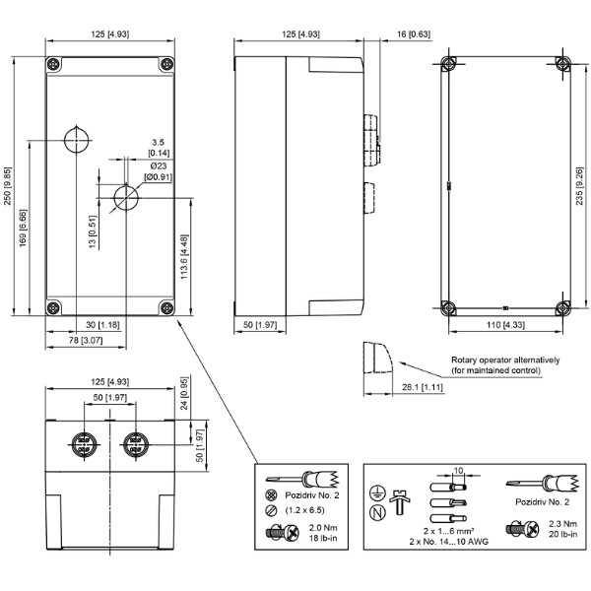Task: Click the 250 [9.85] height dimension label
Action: [x=8, y=186]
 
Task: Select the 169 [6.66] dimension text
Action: [x=23, y=229]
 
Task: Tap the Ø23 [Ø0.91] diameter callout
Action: [x=159, y=171]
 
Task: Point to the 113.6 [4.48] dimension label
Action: [x=184, y=257]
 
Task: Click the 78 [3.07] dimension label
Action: [x=86, y=340]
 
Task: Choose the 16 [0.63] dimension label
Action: [x=414, y=34]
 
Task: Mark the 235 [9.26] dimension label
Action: [x=579, y=186]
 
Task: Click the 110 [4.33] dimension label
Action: [x=505, y=324]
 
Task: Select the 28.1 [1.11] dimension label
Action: [x=423, y=387]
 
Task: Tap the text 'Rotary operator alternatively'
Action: [x=505, y=360]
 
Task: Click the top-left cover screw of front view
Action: [x=53, y=64]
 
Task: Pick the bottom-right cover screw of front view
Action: [x=166, y=308]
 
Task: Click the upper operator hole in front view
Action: [x=77, y=140]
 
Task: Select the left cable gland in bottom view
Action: [x=84, y=445]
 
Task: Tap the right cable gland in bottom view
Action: [x=136, y=445]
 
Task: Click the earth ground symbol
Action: [x=377, y=492]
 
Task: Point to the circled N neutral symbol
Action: [x=377, y=512]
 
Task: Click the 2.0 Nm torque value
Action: [x=323, y=528]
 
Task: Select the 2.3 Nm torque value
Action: [x=562, y=524]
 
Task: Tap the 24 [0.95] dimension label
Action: [x=184, y=394]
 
